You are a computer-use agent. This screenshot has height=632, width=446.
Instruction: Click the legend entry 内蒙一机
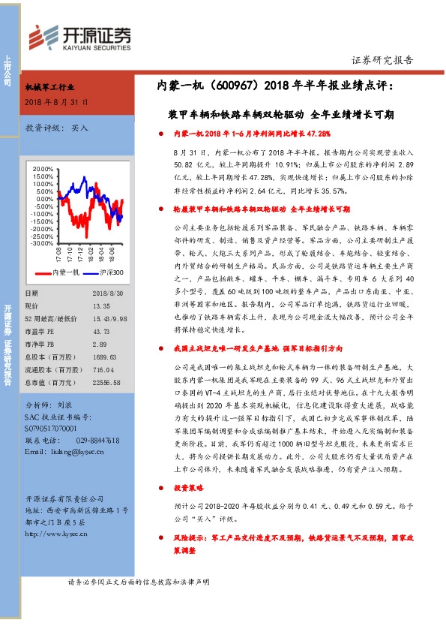point(67,272)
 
